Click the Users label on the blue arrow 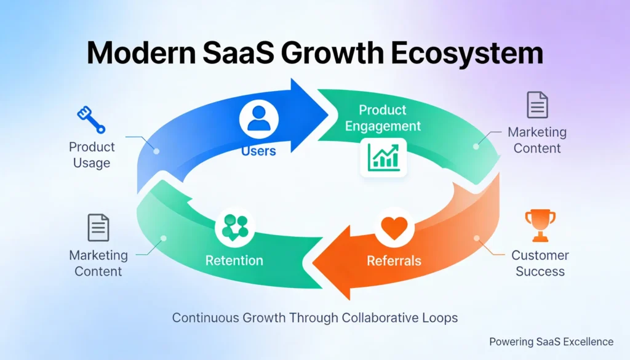click(x=258, y=151)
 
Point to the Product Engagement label click(x=383, y=118)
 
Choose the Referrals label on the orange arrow click(x=394, y=260)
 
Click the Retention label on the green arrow click(x=234, y=260)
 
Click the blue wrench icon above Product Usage click(x=91, y=120)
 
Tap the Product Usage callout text click(x=92, y=155)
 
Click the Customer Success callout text click(x=540, y=263)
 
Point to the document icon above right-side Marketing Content click(x=537, y=105)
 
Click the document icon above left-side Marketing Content click(x=98, y=228)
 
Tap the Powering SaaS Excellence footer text click(x=551, y=342)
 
